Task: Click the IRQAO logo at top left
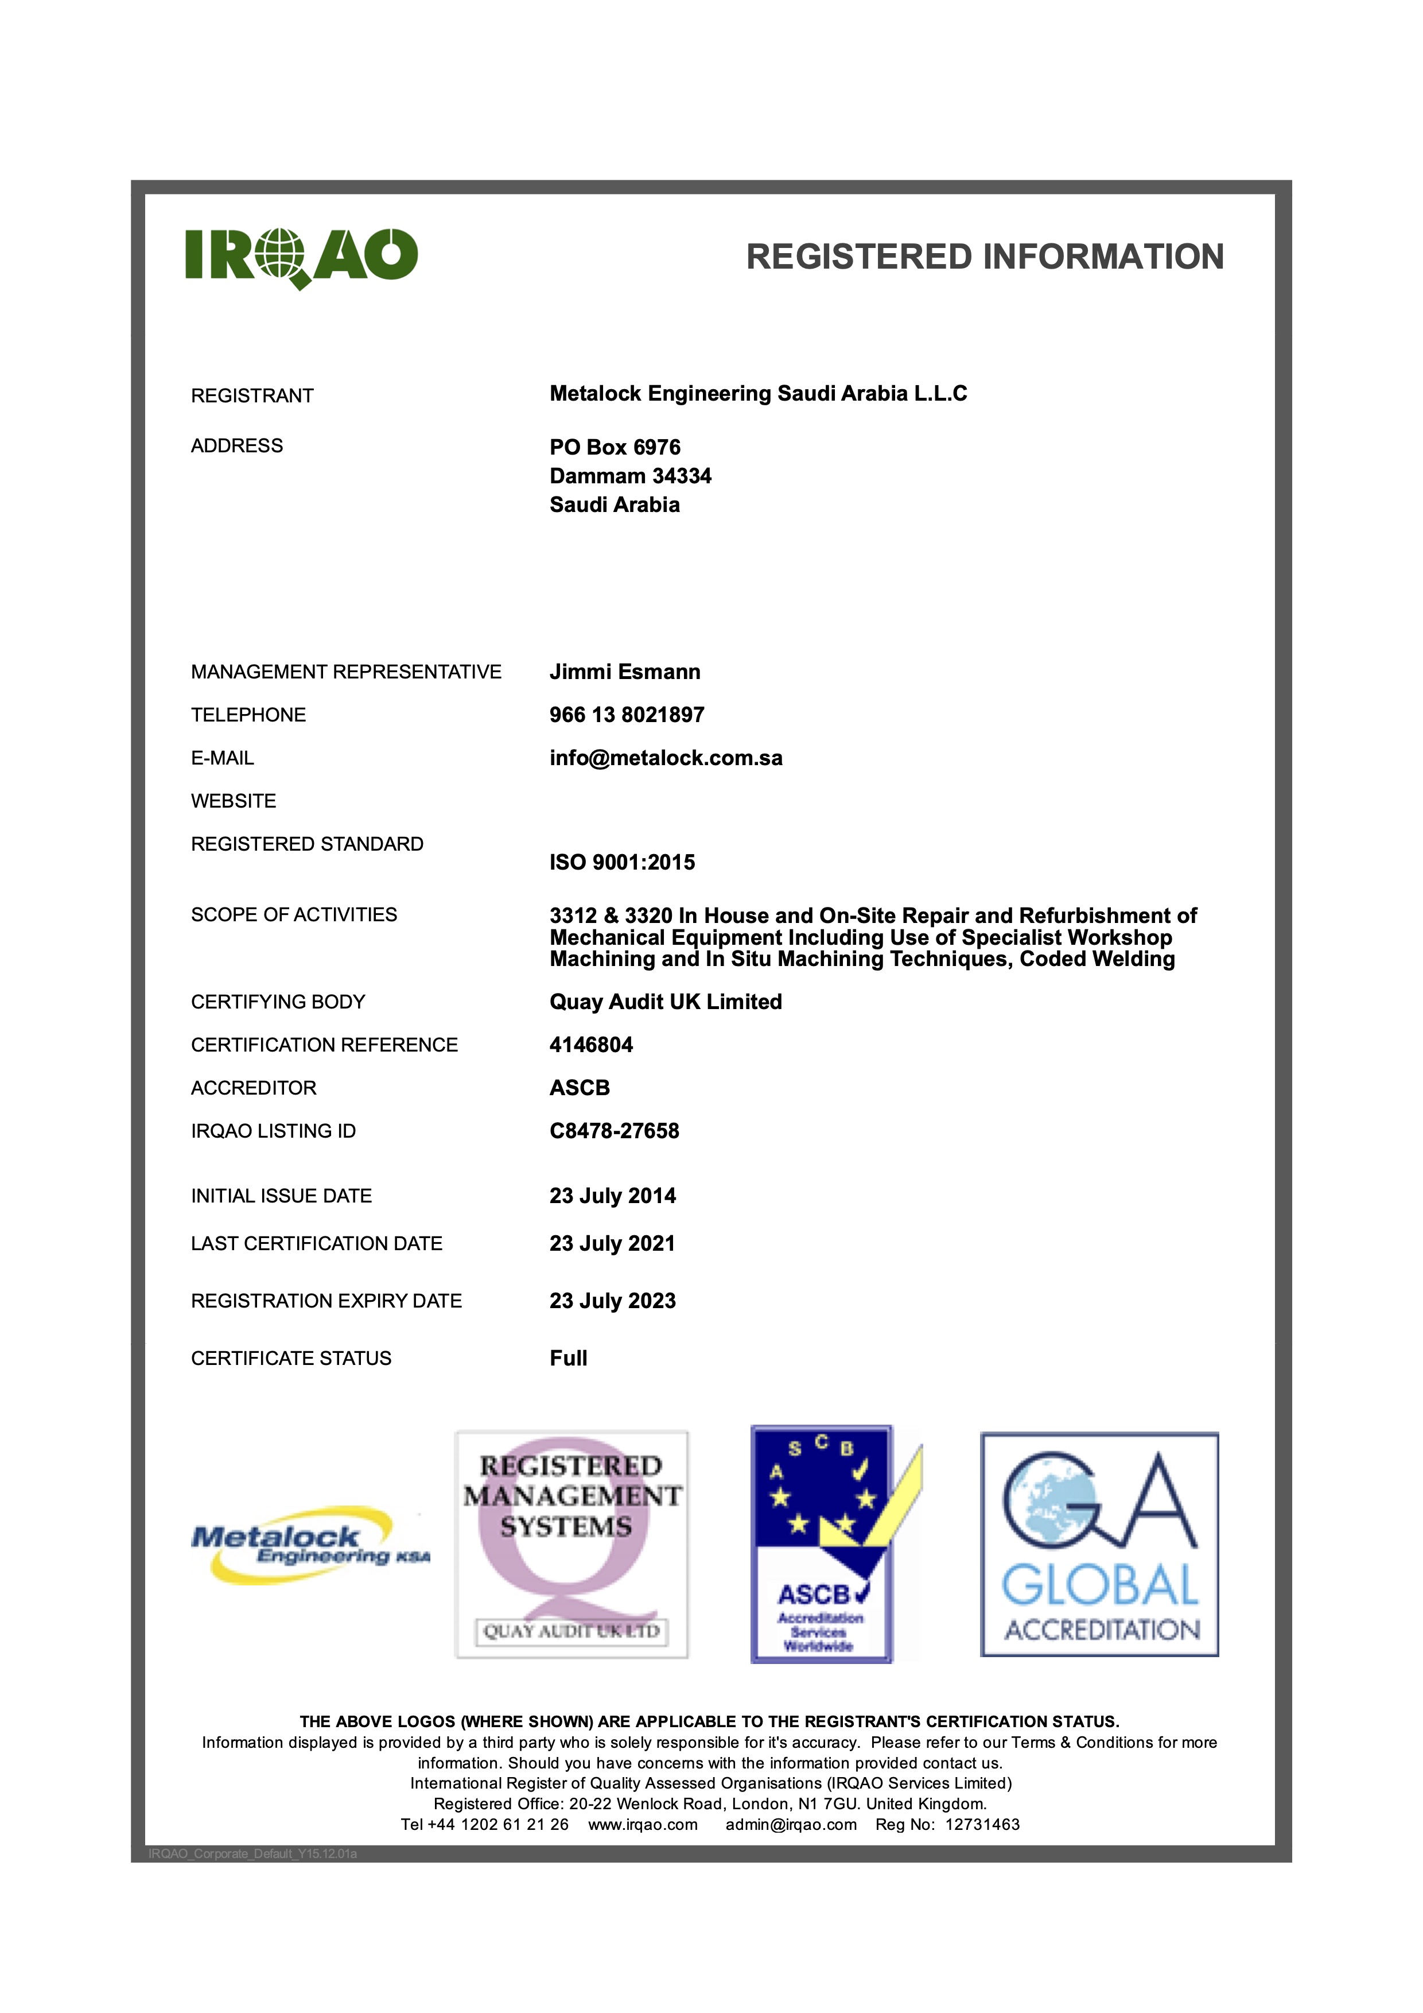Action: [x=301, y=257]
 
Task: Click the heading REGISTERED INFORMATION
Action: [x=984, y=257]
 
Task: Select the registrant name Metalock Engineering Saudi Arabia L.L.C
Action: [x=758, y=394]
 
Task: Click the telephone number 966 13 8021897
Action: [x=627, y=715]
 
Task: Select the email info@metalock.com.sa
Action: [x=666, y=758]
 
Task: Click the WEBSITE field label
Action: [x=233, y=801]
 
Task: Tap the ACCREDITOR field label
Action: [x=253, y=1088]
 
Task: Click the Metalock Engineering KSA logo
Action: [x=309, y=1546]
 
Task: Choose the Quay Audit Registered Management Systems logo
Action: [x=571, y=1545]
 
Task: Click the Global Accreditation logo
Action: [x=1099, y=1545]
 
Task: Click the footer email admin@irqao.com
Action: [x=790, y=1825]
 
